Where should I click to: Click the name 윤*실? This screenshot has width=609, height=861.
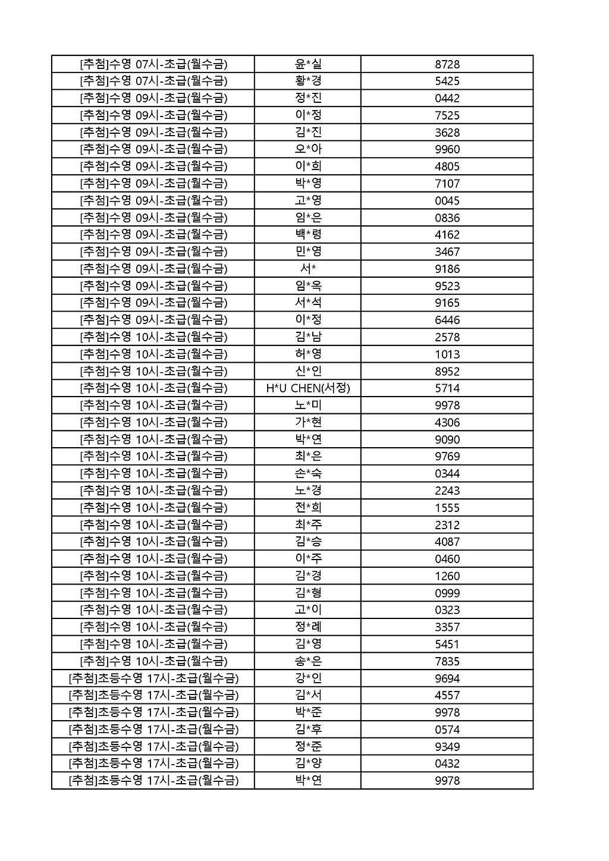[308, 64]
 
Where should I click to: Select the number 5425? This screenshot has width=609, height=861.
[447, 81]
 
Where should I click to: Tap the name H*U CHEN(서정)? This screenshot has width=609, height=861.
[308, 388]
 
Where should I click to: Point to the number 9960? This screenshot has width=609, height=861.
[447, 149]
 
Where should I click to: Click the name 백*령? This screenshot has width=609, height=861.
[308, 234]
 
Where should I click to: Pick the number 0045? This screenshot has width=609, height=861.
[447, 200]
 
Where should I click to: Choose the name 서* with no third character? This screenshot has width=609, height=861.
[308, 269]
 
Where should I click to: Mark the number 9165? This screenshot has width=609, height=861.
[447, 303]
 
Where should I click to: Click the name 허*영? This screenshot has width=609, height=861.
[308, 354]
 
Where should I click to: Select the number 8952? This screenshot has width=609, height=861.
[447, 371]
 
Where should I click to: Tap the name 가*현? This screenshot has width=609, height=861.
[308, 422]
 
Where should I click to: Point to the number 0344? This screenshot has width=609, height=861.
[447, 473]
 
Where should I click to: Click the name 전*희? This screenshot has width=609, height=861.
[308, 507]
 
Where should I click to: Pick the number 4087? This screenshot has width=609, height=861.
[447, 542]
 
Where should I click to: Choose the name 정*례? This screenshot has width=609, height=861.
[308, 627]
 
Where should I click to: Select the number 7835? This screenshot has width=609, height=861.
[447, 661]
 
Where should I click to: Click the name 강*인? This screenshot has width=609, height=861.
[308, 678]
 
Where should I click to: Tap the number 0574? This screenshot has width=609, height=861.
[447, 730]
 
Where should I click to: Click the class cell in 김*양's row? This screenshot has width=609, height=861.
[153, 763]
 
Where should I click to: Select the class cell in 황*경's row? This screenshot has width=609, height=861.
[153, 81]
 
